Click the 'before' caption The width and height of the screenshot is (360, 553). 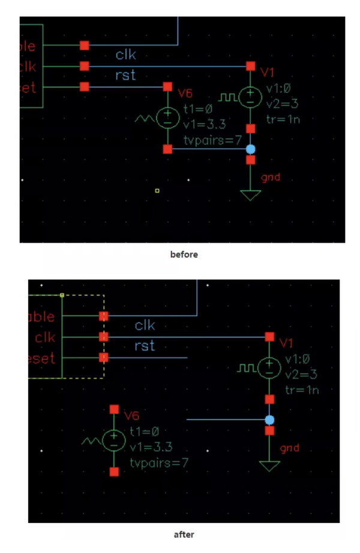coord(184,255)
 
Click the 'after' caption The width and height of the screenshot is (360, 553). coord(184,534)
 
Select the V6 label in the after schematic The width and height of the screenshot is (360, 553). coord(132,415)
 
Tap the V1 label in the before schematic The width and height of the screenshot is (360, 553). coord(268,72)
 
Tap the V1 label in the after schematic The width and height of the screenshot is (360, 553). coord(286,343)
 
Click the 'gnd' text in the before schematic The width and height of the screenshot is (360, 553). coord(271,178)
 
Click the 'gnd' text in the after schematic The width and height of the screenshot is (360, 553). coord(289,449)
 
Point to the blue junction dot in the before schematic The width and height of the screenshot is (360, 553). coord(251,149)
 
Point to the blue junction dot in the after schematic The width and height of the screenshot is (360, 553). coord(269,420)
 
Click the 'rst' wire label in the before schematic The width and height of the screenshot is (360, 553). coord(125,75)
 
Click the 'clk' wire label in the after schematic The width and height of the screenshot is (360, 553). coord(145,325)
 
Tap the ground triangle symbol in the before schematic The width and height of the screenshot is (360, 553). coord(251,195)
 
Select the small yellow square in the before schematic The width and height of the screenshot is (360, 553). coord(157,191)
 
